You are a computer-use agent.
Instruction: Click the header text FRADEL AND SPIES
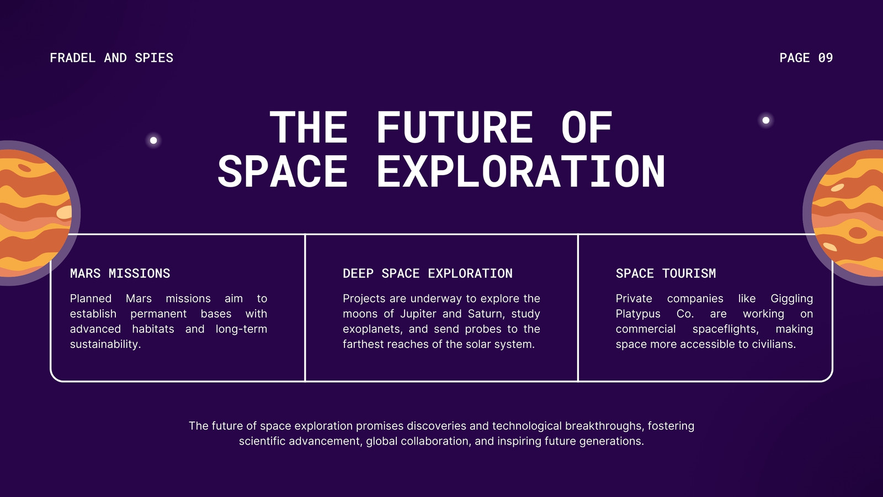[111, 58]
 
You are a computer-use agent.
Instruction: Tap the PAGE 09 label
[806, 58]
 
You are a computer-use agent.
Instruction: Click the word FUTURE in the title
[455, 127]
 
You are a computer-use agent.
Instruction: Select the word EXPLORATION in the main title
[521, 172]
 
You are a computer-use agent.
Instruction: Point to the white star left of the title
[154, 140]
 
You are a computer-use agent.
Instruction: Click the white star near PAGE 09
[766, 120]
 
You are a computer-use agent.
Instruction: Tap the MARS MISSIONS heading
[120, 273]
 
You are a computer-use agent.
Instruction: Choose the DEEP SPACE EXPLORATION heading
[428, 273]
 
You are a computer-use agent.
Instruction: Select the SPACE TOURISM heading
[666, 273]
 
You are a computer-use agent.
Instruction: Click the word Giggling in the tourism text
[791, 299]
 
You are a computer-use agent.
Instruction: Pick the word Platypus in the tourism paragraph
[638, 314]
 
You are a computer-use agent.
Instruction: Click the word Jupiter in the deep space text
[418, 314]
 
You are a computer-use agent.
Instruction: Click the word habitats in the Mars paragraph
[153, 329]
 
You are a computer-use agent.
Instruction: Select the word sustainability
[105, 345]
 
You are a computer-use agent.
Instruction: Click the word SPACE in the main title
[283, 172]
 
